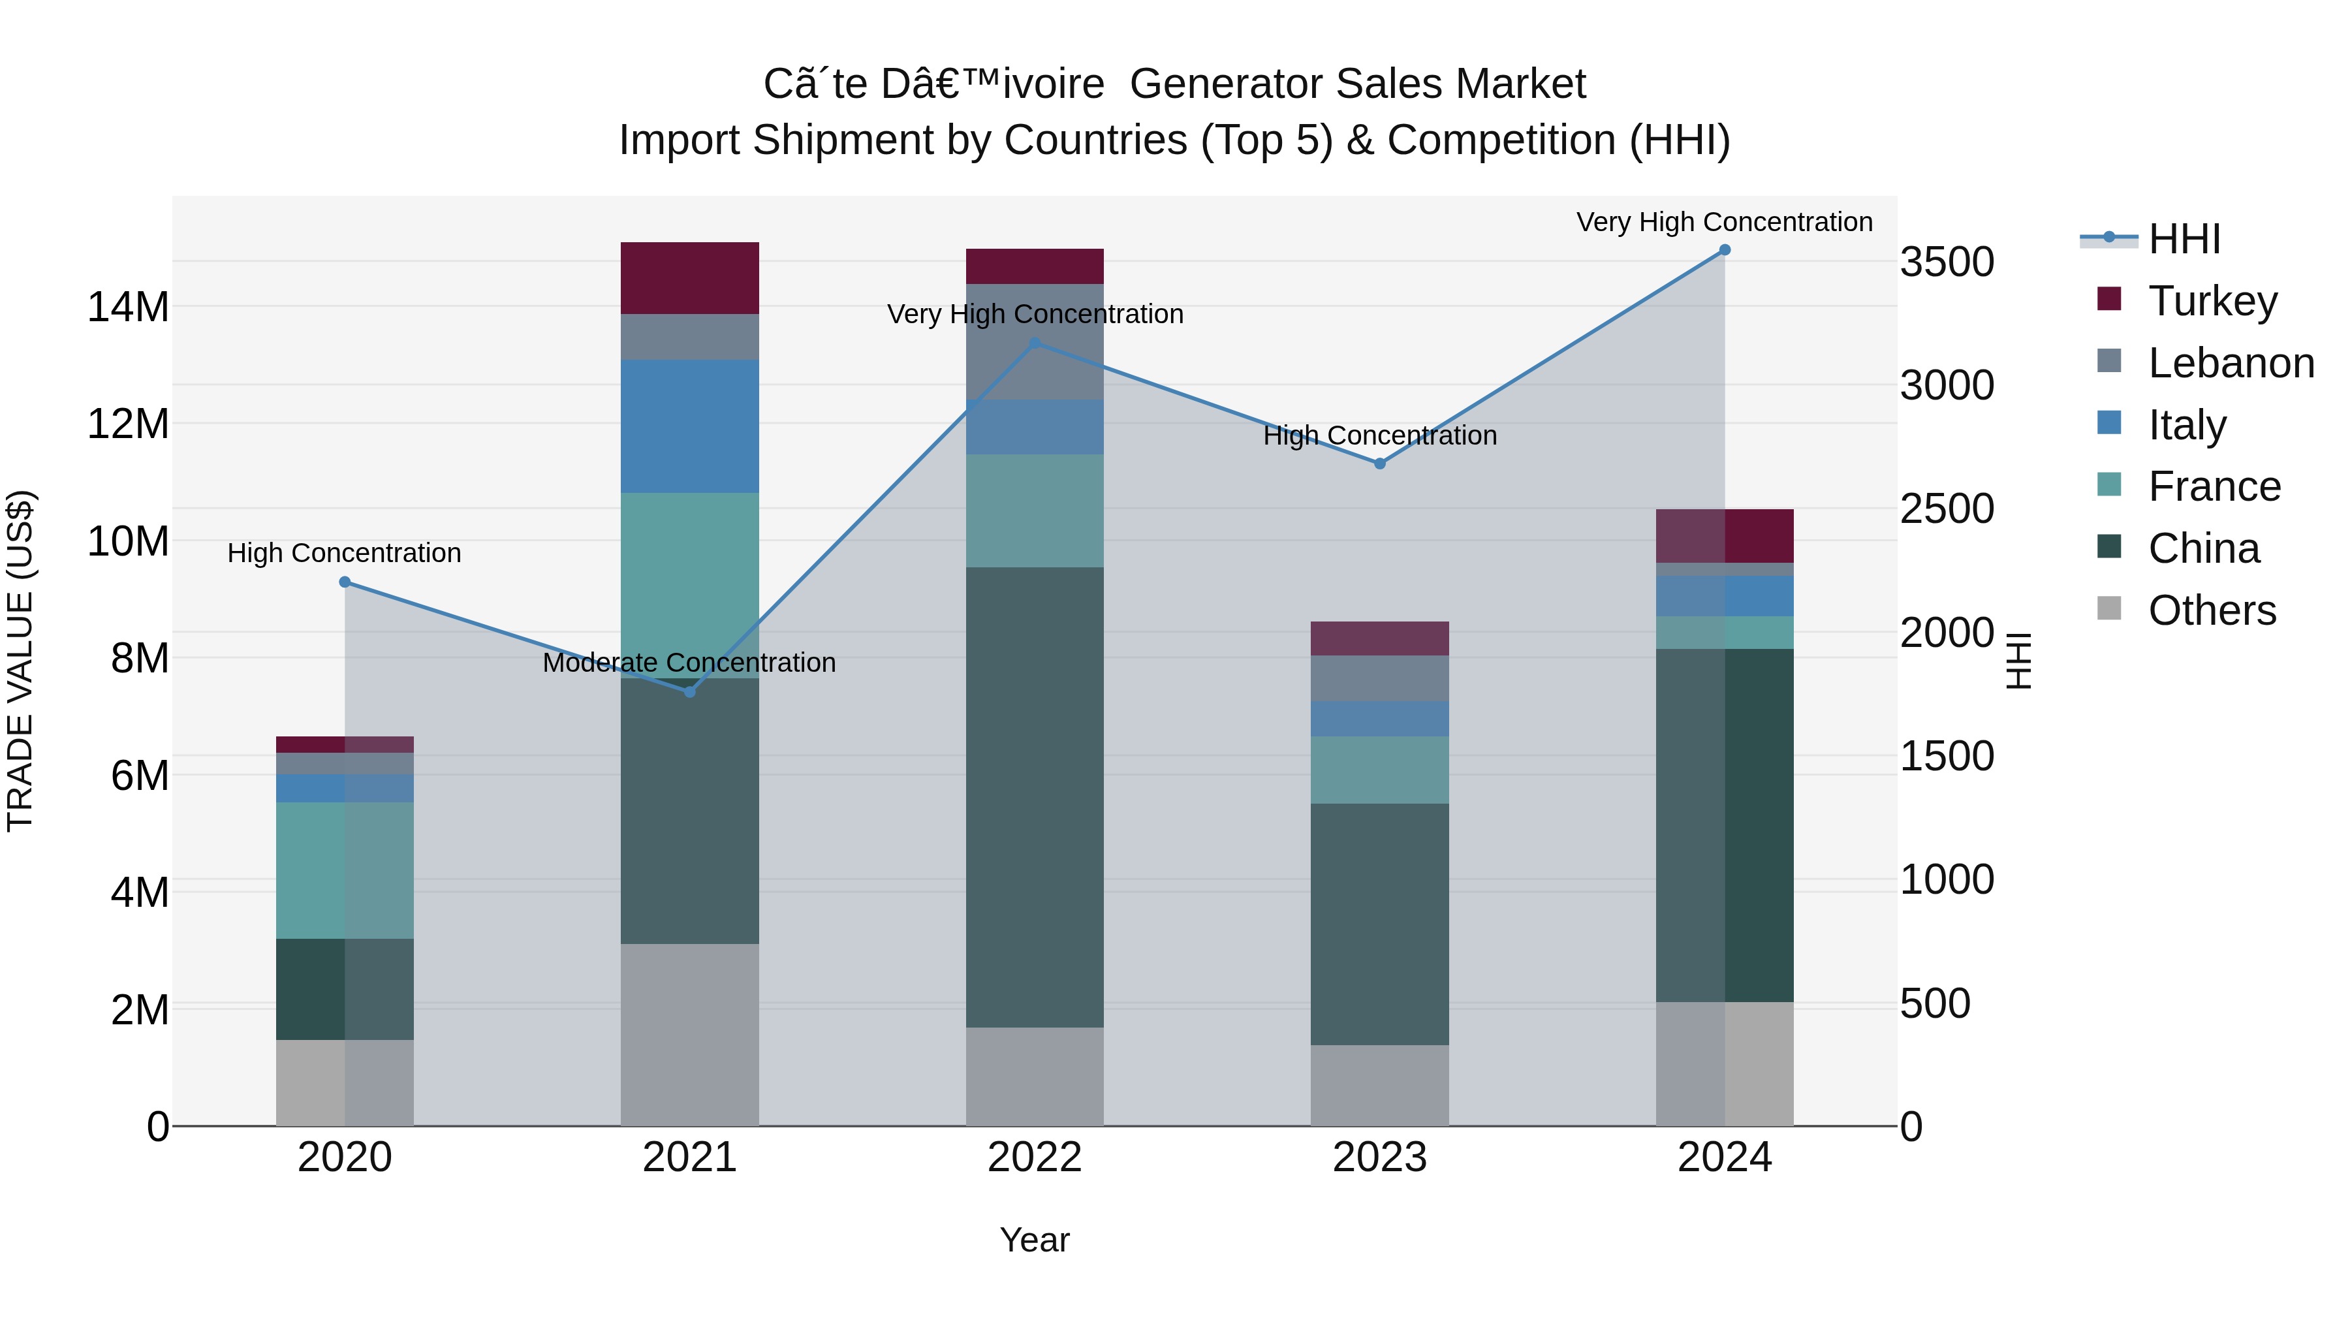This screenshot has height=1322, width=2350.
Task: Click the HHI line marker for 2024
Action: [1724, 250]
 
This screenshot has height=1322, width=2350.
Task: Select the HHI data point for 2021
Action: [690, 691]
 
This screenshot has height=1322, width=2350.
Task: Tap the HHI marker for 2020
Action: [345, 582]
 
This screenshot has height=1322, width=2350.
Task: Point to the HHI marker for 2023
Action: [1379, 464]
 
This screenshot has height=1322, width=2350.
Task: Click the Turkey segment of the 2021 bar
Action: [690, 278]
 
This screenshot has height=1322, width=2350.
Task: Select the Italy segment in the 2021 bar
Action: [690, 426]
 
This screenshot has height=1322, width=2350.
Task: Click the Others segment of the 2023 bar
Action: [1379, 1085]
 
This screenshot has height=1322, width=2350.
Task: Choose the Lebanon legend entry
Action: [2230, 363]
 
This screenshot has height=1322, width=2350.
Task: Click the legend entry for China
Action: [2203, 548]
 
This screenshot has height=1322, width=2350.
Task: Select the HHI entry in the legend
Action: [2183, 239]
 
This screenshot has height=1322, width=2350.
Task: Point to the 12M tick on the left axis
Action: [128, 424]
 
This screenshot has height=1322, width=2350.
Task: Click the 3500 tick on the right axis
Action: [1947, 262]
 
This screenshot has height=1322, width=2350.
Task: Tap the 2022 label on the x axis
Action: [1035, 1157]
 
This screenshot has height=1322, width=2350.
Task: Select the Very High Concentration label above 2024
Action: [1724, 222]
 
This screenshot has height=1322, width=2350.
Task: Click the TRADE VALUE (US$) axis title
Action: [20, 661]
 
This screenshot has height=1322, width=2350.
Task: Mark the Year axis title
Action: [1035, 1240]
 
